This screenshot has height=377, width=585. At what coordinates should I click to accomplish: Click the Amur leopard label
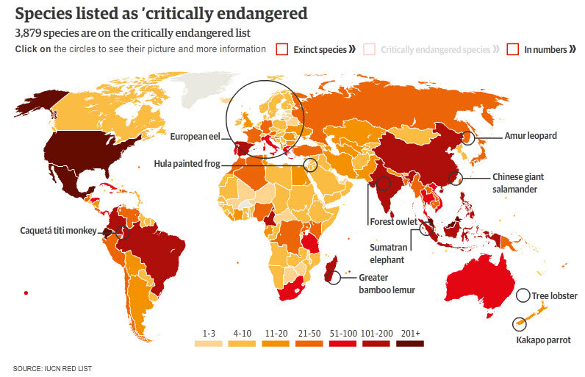pyautogui.click(x=531, y=136)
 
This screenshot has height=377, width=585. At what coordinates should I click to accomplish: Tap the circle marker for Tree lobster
pyautogui.click(x=523, y=295)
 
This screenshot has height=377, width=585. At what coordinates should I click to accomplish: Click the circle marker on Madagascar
pyautogui.click(x=334, y=277)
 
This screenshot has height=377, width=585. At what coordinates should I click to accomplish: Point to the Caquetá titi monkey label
pyautogui.click(x=58, y=231)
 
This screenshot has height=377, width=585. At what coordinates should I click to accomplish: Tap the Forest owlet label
pyautogui.click(x=393, y=221)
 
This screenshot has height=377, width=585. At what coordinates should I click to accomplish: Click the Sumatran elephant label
pyautogui.click(x=387, y=254)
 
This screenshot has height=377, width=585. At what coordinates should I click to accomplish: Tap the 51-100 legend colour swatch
pyautogui.click(x=343, y=343)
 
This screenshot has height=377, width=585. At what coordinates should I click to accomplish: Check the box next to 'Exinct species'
pyautogui.click(x=281, y=49)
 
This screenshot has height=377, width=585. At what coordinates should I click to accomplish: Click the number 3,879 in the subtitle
pyautogui.click(x=29, y=33)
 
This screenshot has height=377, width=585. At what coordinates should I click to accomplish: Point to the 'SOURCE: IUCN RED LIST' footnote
pyautogui.click(x=53, y=367)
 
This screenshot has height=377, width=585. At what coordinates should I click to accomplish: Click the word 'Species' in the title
pyautogui.click(x=46, y=13)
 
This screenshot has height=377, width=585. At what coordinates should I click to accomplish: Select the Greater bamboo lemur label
pyautogui.click(x=387, y=284)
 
